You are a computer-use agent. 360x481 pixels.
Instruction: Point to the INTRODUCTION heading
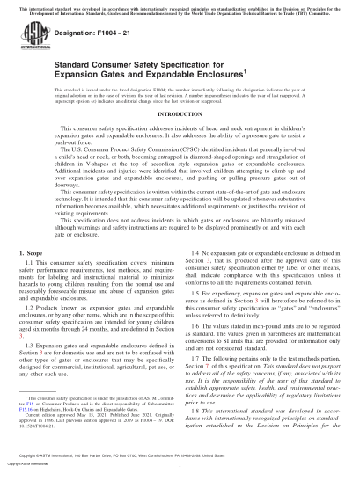point(180,139)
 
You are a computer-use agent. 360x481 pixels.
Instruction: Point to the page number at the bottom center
point(180,464)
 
